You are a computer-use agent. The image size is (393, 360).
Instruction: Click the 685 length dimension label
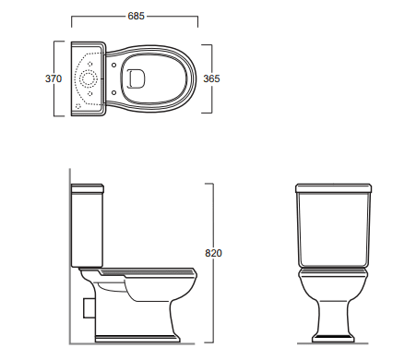136,16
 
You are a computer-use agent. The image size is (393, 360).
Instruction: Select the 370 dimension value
54,78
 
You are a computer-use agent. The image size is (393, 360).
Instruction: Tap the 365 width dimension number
211,78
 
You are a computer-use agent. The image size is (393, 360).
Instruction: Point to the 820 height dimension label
213,253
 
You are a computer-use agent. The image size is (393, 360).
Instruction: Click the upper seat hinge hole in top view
113,66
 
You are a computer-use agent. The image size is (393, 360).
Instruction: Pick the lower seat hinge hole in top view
113,92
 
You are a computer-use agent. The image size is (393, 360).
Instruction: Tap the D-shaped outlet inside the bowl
137,78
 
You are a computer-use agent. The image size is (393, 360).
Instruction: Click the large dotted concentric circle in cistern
89,78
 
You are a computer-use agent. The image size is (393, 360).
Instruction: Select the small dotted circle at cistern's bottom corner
77,106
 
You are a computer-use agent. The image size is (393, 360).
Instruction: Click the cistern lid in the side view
88,188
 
